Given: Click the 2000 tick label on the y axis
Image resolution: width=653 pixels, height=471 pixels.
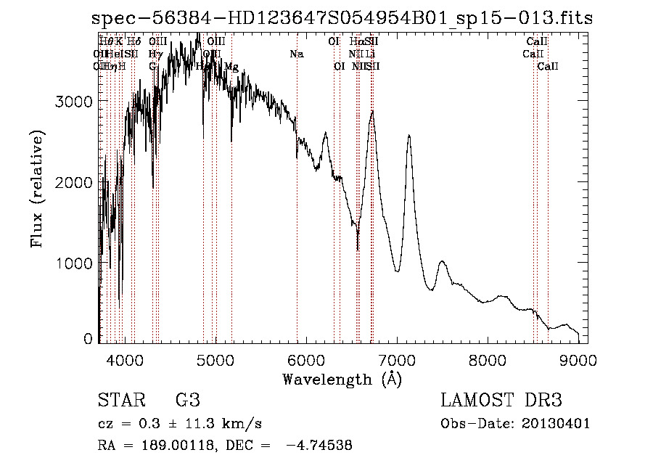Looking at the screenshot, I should (75, 182).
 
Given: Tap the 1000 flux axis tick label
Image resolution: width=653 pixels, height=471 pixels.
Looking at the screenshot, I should (75, 263).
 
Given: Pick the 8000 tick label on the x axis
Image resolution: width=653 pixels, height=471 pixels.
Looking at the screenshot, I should (488, 359).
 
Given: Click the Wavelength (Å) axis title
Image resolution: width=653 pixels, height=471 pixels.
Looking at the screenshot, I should (342, 379).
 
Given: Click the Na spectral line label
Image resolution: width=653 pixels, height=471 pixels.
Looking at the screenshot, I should (295, 54).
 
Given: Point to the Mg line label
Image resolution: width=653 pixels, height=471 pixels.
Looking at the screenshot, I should (231, 67).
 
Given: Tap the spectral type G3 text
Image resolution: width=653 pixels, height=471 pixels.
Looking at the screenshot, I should (187, 400).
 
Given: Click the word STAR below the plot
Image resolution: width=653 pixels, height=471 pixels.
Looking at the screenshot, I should (117, 400).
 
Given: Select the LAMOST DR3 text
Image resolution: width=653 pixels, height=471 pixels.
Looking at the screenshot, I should (501, 400).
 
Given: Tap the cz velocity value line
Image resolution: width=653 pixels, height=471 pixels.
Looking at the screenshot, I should (179, 424).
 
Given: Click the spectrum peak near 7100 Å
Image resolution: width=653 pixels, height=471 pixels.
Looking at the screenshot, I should (409, 136).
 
